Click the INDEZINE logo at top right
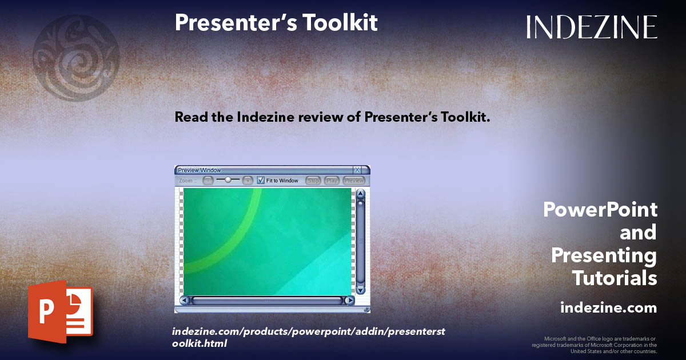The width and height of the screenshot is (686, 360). coord(592,27)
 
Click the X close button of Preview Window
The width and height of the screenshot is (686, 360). coord(357,170)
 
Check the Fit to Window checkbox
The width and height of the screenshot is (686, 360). coord(261,180)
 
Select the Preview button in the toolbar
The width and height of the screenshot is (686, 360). coord(354,181)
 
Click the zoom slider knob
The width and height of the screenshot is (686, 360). coord(228,179)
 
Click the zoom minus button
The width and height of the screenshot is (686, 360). coord(208,180)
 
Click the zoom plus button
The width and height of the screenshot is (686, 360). coord(247,180)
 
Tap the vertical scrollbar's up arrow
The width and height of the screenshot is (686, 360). coord(360,194)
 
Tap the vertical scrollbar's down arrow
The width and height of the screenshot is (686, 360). coord(360,290)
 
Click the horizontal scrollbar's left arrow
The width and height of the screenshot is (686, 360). coord(184,300)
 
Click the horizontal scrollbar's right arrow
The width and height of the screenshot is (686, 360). coord(349,300)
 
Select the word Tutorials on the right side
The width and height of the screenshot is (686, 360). coord(615,278)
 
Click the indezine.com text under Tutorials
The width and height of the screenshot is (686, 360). coord(608,308)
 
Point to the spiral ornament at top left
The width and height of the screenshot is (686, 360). coord(76,58)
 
